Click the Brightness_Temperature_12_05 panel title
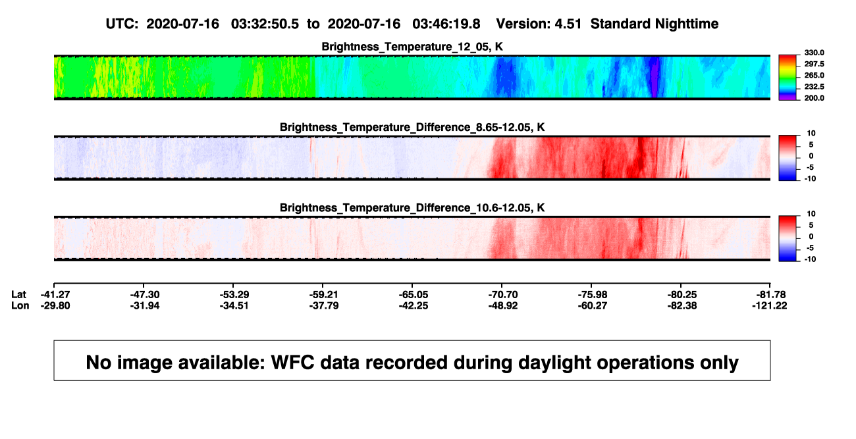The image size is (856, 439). coord(412,47)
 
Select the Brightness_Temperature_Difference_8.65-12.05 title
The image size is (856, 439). coord(412,127)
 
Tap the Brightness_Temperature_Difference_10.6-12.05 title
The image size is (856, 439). coord(412,208)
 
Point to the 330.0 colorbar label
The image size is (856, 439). coord(814,53)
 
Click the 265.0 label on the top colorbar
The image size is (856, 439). coord(814,75)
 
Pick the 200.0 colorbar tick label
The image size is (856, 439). coord(814,98)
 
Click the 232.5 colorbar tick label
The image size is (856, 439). coord(814,87)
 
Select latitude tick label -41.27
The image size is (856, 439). coord(55,295)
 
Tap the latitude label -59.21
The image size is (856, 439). coord(324,295)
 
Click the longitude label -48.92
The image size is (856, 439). coord(503,305)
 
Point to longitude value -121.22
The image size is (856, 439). coord(769,305)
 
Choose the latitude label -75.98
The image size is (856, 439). coord(593,295)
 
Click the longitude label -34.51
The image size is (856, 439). coord(234,305)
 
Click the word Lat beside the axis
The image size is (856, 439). coord(18,295)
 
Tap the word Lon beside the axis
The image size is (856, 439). coord(20,305)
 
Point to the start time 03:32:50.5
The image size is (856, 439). coord(265,24)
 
